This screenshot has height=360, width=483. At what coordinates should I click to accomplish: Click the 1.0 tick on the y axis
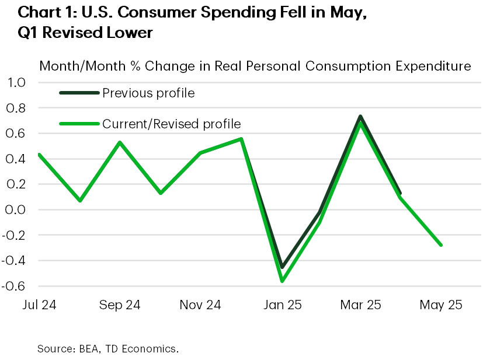17,83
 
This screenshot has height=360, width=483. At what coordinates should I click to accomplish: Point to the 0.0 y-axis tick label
17,209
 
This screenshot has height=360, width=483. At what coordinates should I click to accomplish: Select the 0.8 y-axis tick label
17,108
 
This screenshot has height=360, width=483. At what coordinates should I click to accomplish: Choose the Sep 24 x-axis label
120,305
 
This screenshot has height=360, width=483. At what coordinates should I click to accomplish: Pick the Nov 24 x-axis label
200,305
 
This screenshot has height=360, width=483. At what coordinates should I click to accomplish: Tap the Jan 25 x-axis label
282,305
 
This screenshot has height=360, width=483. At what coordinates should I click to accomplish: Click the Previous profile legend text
148,93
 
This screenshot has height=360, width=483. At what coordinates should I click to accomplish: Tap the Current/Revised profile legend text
171,124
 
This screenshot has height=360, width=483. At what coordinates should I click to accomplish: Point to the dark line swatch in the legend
78,93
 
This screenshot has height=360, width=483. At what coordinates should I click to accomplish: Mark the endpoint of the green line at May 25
441,245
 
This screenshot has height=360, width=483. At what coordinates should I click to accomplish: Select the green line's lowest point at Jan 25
282,281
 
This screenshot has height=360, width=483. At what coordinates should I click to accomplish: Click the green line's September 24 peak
120,142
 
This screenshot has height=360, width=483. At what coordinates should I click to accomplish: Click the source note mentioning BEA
107,349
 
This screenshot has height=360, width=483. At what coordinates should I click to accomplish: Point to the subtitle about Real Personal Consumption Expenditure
255,66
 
